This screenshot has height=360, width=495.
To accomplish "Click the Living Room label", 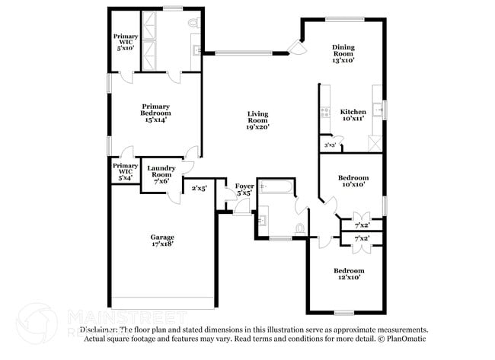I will pyautogui.click(x=257, y=121).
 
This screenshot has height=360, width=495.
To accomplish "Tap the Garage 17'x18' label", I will pyautogui.click(x=161, y=241).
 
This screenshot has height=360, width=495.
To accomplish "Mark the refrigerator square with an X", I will pyautogui.click(x=374, y=142).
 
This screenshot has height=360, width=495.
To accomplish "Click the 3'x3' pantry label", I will pyautogui.click(x=329, y=145).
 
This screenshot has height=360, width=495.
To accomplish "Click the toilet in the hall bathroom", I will pyautogui.click(x=300, y=228).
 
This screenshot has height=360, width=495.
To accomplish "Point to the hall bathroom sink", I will pyautogui.click(x=262, y=221).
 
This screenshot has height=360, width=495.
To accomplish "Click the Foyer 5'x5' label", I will pyautogui.click(x=244, y=190).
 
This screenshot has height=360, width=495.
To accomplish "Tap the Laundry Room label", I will pyautogui.click(x=161, y=173).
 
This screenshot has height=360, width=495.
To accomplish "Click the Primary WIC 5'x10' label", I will pyautogui.click(x=125, y=41).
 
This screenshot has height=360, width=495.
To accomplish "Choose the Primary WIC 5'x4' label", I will pyautogui.click(x=125, y=170).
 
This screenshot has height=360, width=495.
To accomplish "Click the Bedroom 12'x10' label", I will pyautogui.click(x=349, y=274).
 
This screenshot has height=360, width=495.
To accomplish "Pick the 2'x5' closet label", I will pyautogui.click(x=200, y=188).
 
